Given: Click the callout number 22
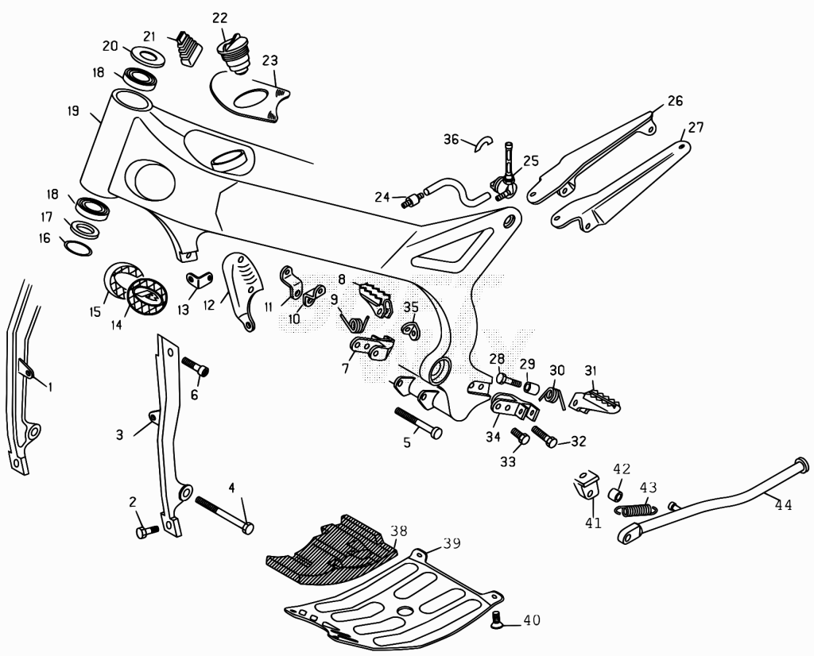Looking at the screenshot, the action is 220,18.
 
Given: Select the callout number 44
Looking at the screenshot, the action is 784,504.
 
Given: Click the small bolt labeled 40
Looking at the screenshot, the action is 498,619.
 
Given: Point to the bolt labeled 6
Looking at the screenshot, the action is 196,366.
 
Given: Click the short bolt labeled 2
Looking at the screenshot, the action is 147,531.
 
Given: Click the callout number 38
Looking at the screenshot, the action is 399,531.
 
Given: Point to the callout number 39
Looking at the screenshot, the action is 452,543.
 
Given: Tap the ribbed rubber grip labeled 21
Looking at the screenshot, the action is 189,48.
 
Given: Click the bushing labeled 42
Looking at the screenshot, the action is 616,494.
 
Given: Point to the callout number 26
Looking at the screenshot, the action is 676,101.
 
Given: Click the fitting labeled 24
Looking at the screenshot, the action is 413,200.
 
